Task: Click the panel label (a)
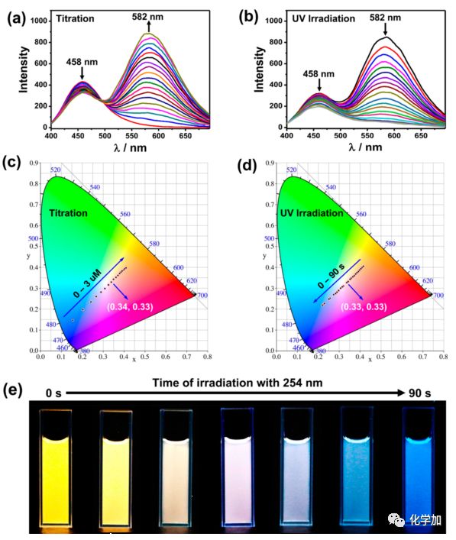point(18,16)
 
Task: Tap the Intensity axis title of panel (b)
point(261,68)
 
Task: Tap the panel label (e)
point(18,389)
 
